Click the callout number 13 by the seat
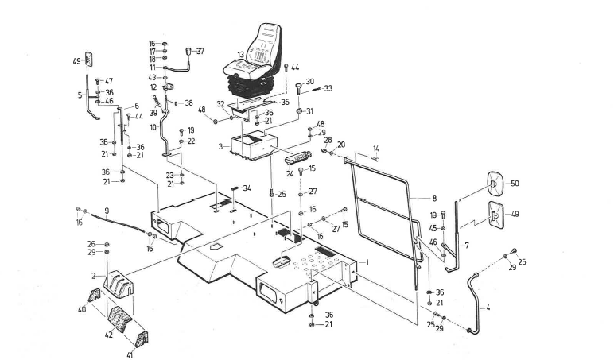[x=239, y=56]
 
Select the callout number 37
[x=200, y=51]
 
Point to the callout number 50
[x=515, y=184]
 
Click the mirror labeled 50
[x=494, y=185]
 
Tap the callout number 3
[x=220, y=147]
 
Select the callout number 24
[x=291, y=172]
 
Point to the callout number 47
[x=109, y=81]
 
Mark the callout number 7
[x=466, y=246]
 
